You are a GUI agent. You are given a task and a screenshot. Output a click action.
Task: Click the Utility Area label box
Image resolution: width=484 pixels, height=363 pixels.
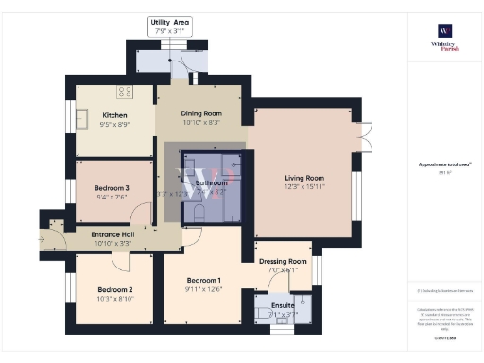[171, 26]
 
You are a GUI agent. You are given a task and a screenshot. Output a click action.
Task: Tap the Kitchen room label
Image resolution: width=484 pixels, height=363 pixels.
[114, 117]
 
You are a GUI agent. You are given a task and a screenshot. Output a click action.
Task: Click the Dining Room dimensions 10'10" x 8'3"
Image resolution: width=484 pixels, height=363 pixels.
[200, 123]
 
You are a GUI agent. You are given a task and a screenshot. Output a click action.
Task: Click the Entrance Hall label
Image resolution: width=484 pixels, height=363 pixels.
[112, 233]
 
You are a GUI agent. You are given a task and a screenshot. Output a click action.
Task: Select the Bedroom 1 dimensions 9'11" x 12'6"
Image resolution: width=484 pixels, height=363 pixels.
[203, 290]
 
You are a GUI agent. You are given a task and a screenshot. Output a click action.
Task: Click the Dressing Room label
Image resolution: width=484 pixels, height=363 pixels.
[284, 261]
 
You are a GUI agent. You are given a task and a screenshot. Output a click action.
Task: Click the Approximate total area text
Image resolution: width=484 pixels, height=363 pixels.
[443, 164]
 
